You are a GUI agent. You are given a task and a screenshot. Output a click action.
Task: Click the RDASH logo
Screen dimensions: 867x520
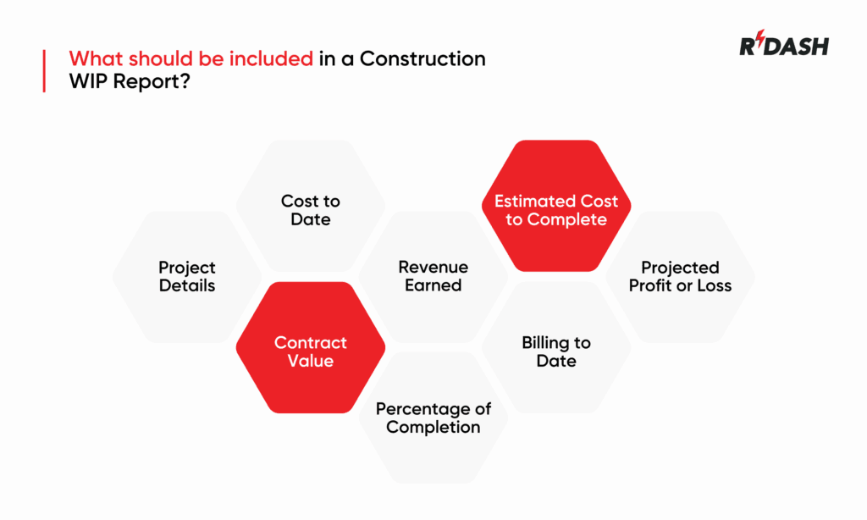[x=784, y=43]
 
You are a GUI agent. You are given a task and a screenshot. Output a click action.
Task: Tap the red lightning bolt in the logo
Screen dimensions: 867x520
[x=761, y=38]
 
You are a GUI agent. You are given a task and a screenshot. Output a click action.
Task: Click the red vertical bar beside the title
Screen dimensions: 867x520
[x=44, y=71]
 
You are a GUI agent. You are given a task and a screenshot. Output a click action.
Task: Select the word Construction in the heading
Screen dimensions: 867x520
[x=422, y=58]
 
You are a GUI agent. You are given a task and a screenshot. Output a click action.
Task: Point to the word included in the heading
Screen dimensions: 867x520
[x=272, y=58]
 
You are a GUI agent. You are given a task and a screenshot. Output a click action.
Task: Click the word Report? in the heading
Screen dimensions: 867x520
[x=152, y=81]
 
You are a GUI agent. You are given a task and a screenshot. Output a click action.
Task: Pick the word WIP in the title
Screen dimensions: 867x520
[x=88, y=81]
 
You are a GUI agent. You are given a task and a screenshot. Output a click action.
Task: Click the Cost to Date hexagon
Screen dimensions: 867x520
[x=310, y=206]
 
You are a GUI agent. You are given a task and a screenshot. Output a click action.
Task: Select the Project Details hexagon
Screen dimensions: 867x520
[x=187, y=277]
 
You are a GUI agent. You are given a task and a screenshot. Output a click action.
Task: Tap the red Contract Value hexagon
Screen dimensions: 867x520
[x=310, y=347]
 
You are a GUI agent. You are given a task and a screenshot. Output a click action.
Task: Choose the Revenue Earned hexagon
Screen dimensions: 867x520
[x=433, y=277]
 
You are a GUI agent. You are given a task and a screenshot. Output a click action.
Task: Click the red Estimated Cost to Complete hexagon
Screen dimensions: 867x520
[x=556, y=206]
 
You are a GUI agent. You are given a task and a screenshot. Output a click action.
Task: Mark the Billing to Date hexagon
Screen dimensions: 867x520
[x=556, y=347]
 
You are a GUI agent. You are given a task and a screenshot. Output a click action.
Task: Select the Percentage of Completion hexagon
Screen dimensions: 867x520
[x=433, y=418]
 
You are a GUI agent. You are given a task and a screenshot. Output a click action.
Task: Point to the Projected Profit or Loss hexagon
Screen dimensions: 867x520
[x=680, y=277]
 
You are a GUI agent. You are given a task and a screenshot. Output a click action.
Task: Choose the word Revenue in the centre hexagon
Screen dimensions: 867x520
[x=433, y=267]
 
